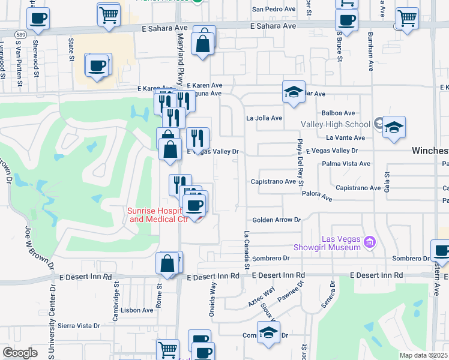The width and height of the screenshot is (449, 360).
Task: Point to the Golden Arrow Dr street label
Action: click(276, 220)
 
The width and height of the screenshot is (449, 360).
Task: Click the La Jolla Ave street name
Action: click(264, 118)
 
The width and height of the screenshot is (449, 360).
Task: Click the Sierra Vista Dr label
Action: click(80, 326)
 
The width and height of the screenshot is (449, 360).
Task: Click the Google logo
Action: click(20, 353)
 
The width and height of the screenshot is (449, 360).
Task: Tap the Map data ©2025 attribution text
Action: click(422, 355)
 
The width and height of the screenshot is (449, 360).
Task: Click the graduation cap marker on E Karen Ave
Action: click(293, 92)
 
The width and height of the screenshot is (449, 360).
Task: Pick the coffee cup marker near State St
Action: click(97, 65)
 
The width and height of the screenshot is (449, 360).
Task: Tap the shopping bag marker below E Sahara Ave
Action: click(203, 43)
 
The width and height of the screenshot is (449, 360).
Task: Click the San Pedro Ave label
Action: click(273, 10)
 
